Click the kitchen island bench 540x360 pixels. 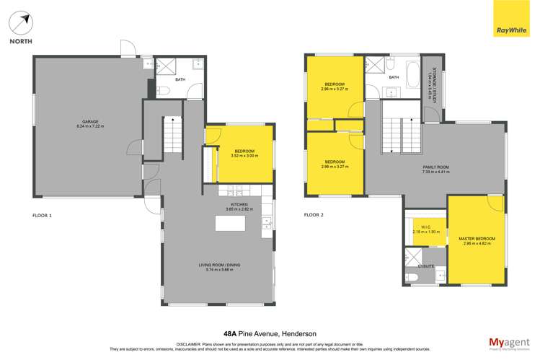pyautogui.click(x=230, y=223)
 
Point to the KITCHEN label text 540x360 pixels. pyautogui.click(x=239, y=204)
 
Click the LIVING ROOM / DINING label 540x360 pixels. pyautogui.click(x=219, y=266)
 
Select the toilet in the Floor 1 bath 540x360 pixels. pyautogui.click(x=163, y=90)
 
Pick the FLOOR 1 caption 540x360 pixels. pyautogui.click(x=43, y=215)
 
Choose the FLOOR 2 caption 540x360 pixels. pyautogui.click(x=314, y=215)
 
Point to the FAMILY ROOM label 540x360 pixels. pyautogui.click(x=435, y=167)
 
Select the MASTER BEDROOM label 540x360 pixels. pyautogui.click(x=477, y=238)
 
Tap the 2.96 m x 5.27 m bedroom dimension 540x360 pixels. pyautogui.click(x=335, y=89)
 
